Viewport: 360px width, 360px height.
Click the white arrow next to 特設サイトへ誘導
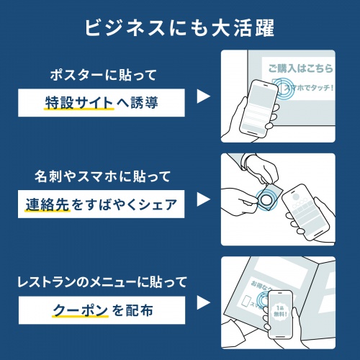203,96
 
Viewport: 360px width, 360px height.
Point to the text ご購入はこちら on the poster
300,69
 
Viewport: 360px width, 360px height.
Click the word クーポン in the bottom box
79,310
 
